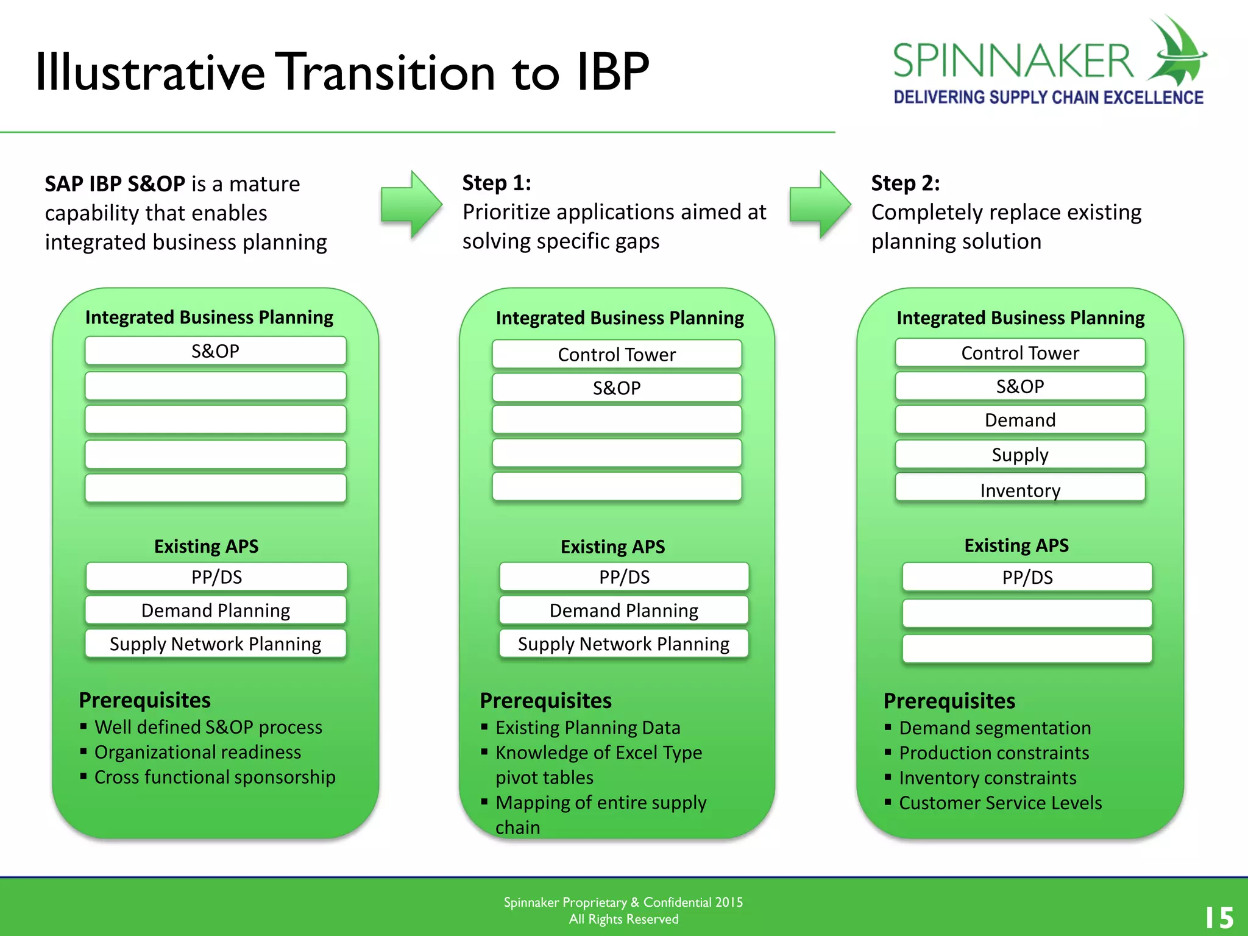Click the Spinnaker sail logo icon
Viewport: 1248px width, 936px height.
pyautogui.click(x=1176, y=52)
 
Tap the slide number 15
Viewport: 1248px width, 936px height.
pyautogui.click(x=1219, y=917)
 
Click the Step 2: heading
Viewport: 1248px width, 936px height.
pyautogui.click(x=905, y=183)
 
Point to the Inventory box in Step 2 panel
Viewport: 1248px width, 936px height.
pyautogui.click(x=1020, y=489)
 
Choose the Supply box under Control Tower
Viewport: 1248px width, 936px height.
pyautogui.click(x=1020, y=455)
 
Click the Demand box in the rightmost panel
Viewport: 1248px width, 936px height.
pyautogui.click(x=1020, y=420)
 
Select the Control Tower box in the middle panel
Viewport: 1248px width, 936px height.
pyautogui.click(x=617, y=354)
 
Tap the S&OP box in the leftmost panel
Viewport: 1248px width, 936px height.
pyautogui.click(x=216, y=351)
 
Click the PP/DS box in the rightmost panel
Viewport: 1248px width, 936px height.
pyautogui.click(x=1027, y=577)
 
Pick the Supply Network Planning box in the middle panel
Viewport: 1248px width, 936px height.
pyautogui.click(x=623, y=644)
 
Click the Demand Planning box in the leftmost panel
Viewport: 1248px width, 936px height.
pyautogui.click(x=216, y=610)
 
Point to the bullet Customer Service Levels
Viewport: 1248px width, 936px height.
pyautogui.click(x=1000, y=803)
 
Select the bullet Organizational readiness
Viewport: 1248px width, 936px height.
pyautogui.click(x=197, y=752)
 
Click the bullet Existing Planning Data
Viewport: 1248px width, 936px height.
pyautogui.click(x=587, y=728)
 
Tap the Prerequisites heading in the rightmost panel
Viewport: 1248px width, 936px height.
pyautogui.click(x=949, y=701)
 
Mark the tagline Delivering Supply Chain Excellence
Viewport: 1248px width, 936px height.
pyautogui.click(x=1048, y=97)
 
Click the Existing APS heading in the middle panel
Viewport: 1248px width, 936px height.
pyautogui.click(x=612, y=547)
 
